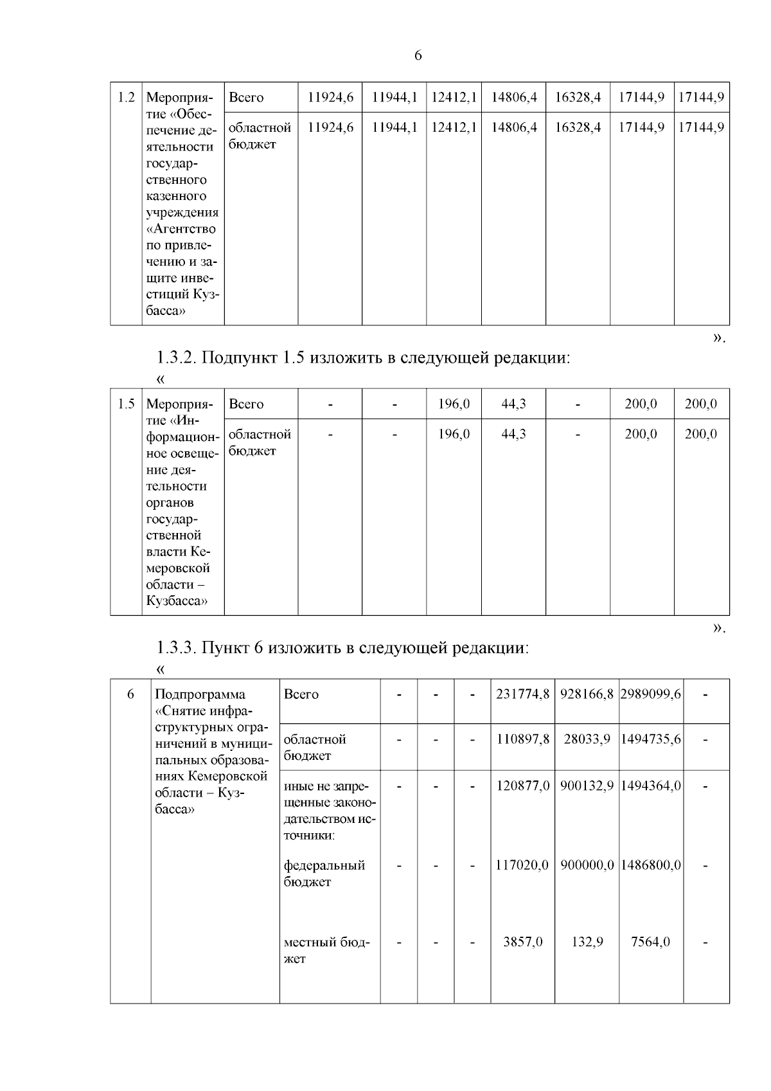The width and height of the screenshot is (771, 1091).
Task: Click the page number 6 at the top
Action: click(418, 56)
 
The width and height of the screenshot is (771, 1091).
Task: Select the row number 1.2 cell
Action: click(126, 98)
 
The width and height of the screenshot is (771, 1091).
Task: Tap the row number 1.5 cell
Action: click(126, 404)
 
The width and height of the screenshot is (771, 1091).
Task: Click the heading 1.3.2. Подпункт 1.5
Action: click(363, 357)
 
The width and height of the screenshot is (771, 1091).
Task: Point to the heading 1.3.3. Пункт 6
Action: click(342, 647)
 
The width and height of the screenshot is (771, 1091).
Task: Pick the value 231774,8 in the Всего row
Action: click(522, 694)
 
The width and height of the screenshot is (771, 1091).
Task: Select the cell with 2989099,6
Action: click(650, 694)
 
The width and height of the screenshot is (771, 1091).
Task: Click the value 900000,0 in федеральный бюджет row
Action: click(587, 865)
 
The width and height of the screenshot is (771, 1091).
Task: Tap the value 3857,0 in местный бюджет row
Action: click(522, 942)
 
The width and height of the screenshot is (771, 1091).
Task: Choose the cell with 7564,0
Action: click(650, 942)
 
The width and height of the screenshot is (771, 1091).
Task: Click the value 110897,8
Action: click(522, 739)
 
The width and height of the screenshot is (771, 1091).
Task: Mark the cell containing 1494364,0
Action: click(650, 786)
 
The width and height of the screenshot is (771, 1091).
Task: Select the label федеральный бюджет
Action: click(324, 874)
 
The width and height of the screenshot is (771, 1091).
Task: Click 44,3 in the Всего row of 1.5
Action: click(513, 404)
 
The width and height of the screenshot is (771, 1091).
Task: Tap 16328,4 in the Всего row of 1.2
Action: click(578, 98)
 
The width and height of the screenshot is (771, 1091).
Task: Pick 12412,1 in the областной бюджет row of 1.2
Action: click(454, 128)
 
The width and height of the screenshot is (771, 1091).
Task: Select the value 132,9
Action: click(587, 942)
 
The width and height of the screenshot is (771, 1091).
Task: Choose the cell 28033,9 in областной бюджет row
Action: click(587, 739)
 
